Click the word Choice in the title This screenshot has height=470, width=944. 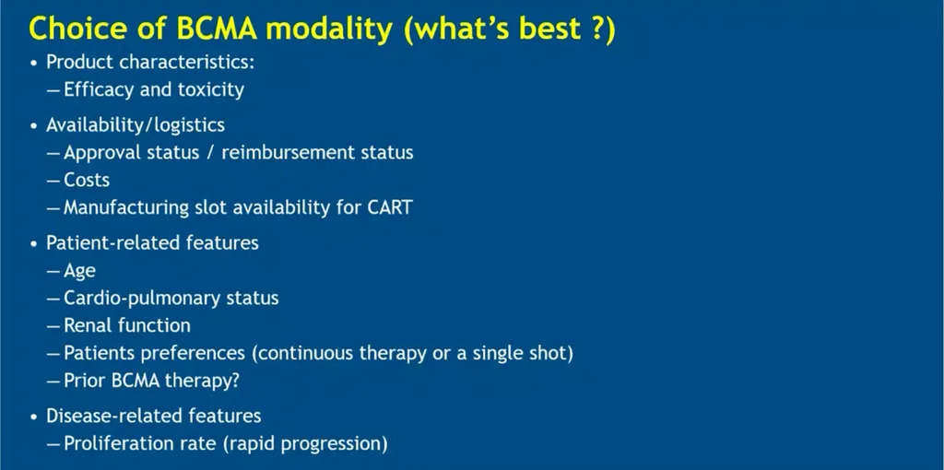[70, 29]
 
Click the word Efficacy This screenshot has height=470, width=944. [98, 90]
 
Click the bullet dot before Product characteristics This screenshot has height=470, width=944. [35, 64]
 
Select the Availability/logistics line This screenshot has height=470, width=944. [136, 125]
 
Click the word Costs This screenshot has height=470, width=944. [87, 180]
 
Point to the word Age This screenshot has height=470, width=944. [79, 272]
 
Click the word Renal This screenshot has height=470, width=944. [88, 325]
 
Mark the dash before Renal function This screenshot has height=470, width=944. [53, 326]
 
